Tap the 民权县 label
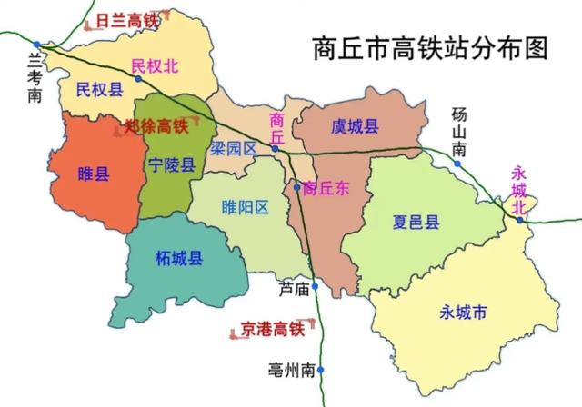(x=100, y=90)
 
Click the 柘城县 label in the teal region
(x=179, y=259)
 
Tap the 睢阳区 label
(x=246, y=207)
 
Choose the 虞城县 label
(x=355, y=127)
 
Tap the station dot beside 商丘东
(x=296, y=189)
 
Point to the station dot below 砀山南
(x=458, y=164)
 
